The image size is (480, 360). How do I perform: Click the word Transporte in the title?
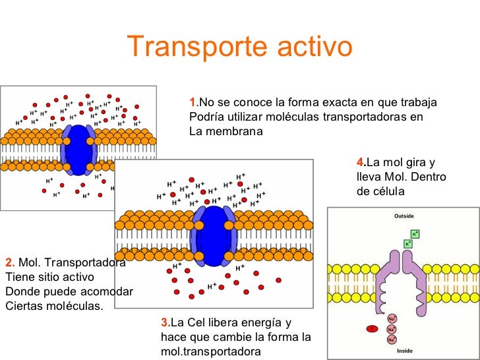pyautogui.click(x=190, y=47)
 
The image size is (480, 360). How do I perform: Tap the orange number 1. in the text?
pyautogui.click(x=193, y=103)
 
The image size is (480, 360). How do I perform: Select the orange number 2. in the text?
pyautogui.click(x=10, y=262)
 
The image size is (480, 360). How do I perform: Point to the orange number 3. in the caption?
pyautogui.click(x=165, y=322)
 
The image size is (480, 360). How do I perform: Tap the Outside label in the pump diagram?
pyautogui.click(x=404, y=216)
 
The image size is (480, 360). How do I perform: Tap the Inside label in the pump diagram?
pyautogui.click(x=404, y=351)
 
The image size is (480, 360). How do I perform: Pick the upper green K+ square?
pyautogui.click(x=415, y=233)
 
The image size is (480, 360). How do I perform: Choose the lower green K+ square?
pyautogui.click(x=407, y=243)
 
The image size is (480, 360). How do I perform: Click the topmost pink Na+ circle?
pyautogui.click(x=392, y=318)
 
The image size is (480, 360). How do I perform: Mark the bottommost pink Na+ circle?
pyautogui.click(x=392, y=340)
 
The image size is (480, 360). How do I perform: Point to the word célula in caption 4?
pyautogui.click(x=386, y=192)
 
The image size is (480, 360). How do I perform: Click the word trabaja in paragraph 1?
pyautogui.click(x=419, y=103)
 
